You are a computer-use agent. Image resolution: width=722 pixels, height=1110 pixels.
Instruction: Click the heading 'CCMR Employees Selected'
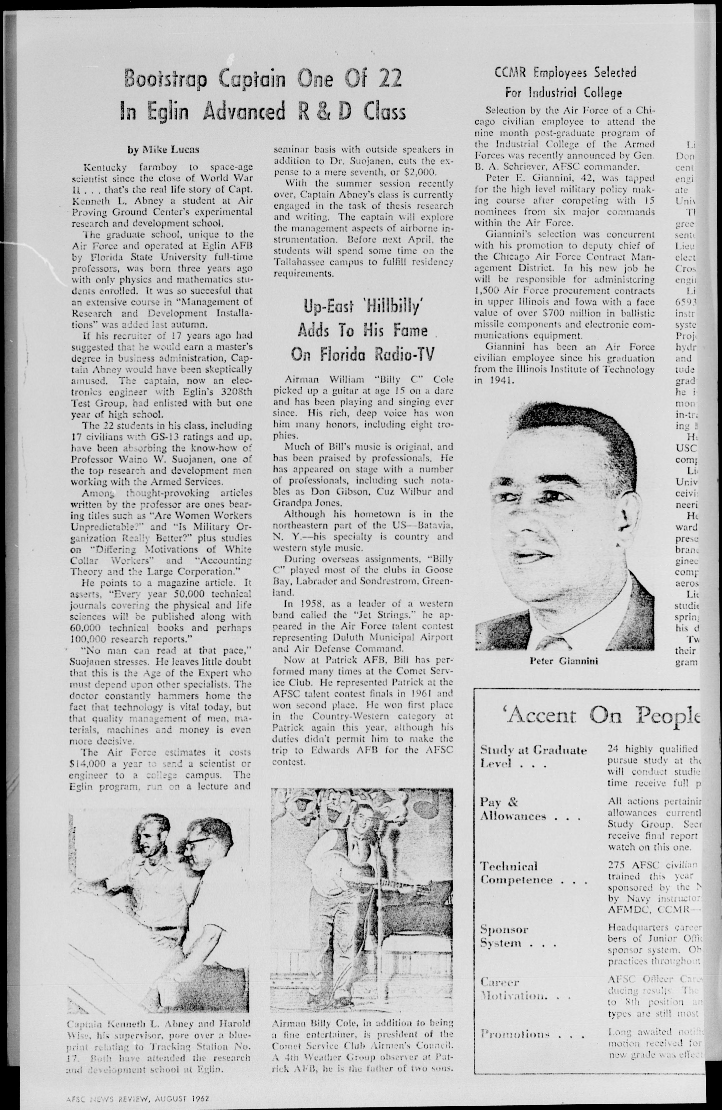[565, 73]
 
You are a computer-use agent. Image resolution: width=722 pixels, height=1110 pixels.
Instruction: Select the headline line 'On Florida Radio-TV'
[362, 355]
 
